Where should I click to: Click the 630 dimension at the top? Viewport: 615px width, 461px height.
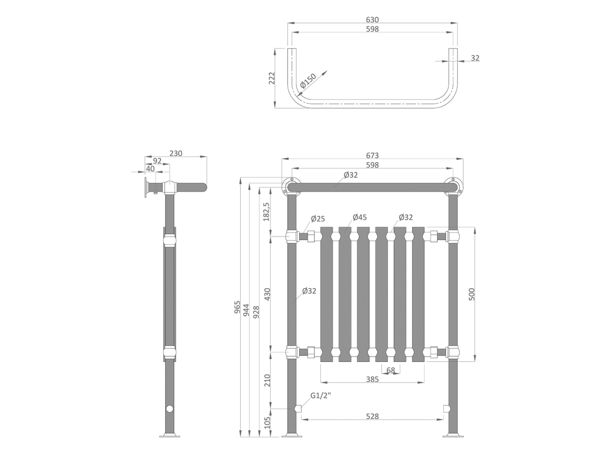[372, 20]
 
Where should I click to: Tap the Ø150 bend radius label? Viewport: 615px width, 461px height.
[308, 81]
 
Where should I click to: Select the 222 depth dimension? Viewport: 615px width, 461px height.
[272, 78]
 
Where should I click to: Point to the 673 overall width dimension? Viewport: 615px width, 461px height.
[372, 155]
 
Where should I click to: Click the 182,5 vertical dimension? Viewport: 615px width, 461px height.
[266, 212]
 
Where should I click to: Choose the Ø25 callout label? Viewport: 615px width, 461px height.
[318, 218]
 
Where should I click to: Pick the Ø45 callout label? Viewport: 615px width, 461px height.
[360, 217]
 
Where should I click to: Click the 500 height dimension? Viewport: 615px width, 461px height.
[472, 294]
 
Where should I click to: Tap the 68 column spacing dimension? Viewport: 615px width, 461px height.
[390, 370]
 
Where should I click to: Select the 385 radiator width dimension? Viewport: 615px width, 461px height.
[372, 379]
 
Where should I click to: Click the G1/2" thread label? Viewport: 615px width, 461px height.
[321, 396]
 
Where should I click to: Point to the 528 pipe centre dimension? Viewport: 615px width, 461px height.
[372, 417]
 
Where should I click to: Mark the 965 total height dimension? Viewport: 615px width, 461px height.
[237, 307]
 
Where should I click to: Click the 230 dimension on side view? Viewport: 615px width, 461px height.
[176, 153]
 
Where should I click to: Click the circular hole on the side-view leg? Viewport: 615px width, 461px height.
[169, 408]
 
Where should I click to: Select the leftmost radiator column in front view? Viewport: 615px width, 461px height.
[326, 294]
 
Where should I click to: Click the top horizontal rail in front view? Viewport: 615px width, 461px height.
[372, 187]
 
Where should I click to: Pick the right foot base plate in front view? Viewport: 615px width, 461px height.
[453, 435]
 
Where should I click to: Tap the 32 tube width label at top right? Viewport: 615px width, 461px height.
[475, 58]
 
